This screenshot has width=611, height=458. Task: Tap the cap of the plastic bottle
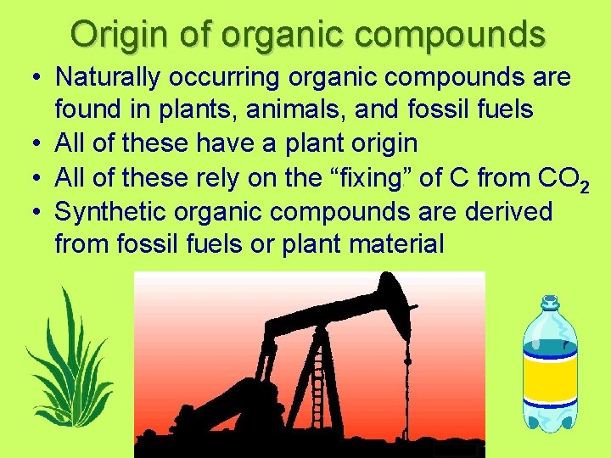550,303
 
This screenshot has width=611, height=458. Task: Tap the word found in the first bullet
87,110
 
